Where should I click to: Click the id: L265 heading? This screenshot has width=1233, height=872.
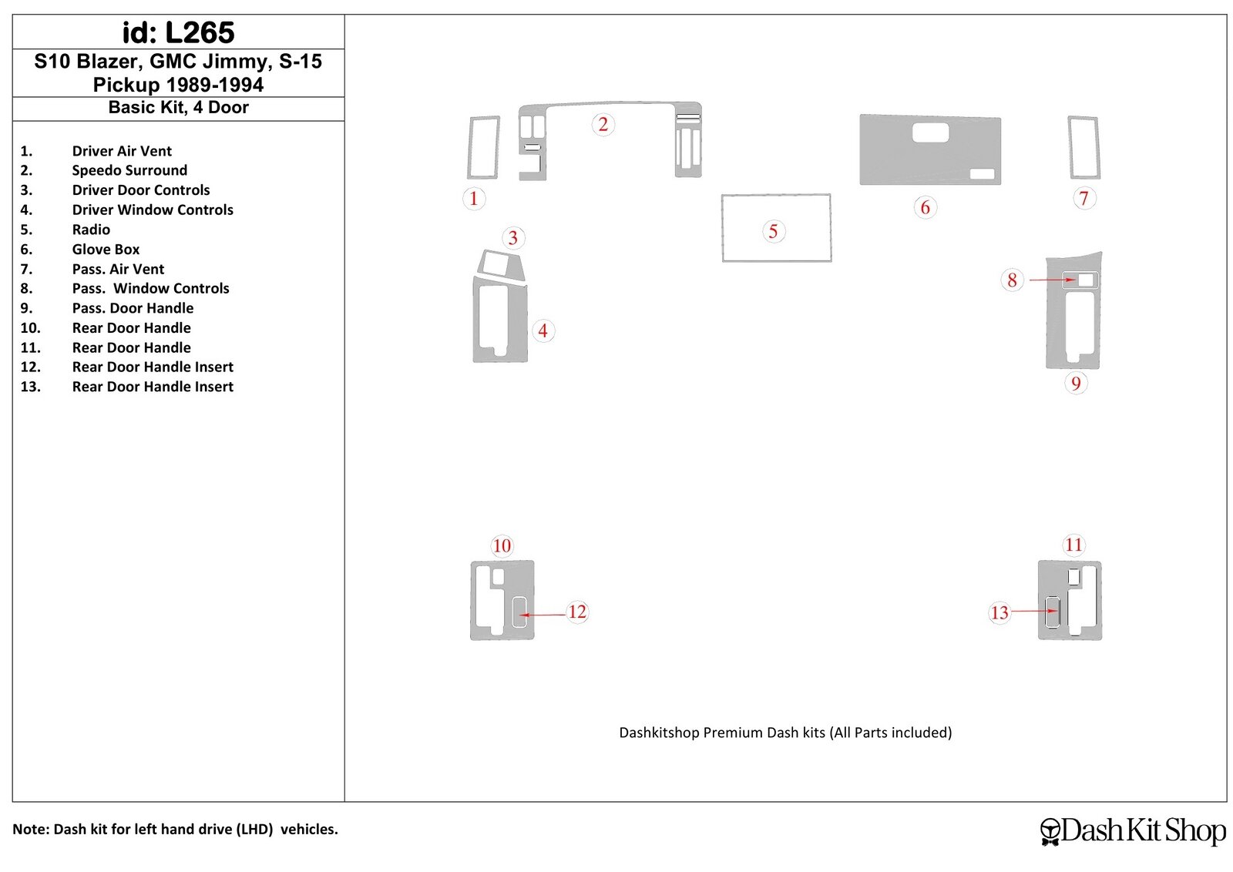click(178, 32)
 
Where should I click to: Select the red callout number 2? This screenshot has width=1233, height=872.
click(603, 124)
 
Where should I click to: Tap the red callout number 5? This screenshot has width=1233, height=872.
click(773, 231)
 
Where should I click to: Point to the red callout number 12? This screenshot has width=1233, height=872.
click(577, 611)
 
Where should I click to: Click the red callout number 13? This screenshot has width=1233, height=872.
click(999, 612)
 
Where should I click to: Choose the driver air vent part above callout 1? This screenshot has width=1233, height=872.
click(483, 147)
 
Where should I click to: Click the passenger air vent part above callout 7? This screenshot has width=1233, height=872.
click(1083, 147)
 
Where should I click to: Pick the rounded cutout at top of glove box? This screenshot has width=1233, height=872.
click(930, 132)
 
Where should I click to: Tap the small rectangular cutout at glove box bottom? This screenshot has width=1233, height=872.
click(982, 174)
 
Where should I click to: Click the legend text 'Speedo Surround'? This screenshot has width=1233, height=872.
click(129, 170)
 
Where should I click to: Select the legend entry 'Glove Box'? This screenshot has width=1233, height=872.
click(106, 250)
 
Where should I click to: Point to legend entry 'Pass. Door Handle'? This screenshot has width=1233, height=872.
click(133, 308)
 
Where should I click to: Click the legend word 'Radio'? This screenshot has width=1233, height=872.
click(91, 230)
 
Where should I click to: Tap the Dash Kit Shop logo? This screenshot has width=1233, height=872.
click(1132, 830)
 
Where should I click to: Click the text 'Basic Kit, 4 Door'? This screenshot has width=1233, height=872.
click(178, 107)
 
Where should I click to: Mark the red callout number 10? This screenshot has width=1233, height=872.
click(502, 545)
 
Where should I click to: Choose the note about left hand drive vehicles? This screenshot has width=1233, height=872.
click(175, 829)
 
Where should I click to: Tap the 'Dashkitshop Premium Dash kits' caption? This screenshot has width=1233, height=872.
click(785, 733)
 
